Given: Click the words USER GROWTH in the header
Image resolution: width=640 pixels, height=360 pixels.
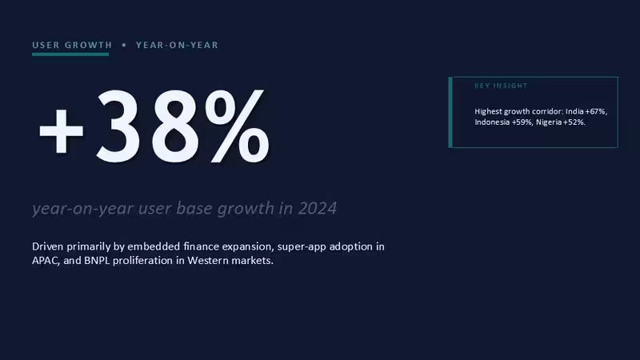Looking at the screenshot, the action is (x=72, y=45).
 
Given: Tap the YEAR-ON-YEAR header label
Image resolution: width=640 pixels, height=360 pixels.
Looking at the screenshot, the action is (x=177, y=45).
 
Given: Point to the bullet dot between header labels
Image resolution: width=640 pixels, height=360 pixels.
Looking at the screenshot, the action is (x=124, y=45).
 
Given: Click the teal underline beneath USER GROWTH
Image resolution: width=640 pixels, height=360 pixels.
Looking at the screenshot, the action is (x=70, y=54).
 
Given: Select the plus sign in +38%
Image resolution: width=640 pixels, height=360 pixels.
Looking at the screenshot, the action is (x=62, y=130).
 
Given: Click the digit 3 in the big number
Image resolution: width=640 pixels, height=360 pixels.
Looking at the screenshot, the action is (x=118, y=126).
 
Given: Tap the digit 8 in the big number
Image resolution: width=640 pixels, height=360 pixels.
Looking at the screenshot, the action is (x=174, y=126).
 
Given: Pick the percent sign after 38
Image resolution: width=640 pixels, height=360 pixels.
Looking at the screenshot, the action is (x=237, y=126).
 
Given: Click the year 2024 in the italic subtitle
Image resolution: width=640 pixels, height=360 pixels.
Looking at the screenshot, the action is (x=317, y=209).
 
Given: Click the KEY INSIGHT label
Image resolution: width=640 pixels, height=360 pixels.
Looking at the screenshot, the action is (x=501, y=86).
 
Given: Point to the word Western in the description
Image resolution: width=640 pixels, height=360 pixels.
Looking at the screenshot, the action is (x=208, y=261).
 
